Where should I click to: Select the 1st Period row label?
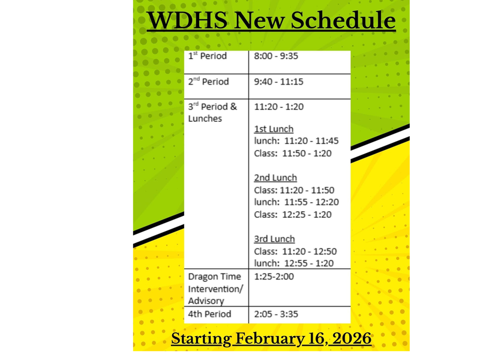(x=208, y=56)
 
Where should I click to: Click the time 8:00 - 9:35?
(x=276, y=56)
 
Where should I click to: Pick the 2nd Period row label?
(x=209, y=82)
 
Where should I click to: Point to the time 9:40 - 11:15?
(x=278, y=82)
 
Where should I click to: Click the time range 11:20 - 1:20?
(x=279, y=107)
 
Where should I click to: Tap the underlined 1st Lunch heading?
(x=274, y=129)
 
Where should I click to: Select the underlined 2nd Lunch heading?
(x=275, y=178)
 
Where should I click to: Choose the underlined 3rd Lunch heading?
(x=274, y=239)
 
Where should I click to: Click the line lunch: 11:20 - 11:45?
(x=296, y=141)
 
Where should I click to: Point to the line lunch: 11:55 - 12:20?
(x=296, y=202)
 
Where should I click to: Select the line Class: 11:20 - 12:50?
(x=296, y=251)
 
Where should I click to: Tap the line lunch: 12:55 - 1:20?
(x=293, y=263)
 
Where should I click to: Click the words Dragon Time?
(x=214, y=277)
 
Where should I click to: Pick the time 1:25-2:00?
(x=275, y=277)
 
